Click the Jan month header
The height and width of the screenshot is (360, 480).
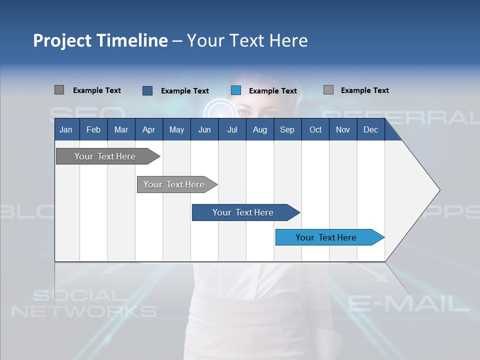pos(66,129)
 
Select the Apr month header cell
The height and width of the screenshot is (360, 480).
pos(148,129)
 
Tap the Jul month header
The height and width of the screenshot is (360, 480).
pos(232,129)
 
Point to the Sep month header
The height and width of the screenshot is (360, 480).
pos(287,129)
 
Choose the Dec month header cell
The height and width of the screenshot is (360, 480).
pos(370,129)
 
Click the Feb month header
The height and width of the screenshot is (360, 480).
pos(93,129)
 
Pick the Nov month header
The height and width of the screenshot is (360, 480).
pos(342,129)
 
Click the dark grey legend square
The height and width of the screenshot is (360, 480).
pos(59,90)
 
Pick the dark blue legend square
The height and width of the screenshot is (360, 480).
pos(147,90)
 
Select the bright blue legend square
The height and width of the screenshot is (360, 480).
pos(236,90)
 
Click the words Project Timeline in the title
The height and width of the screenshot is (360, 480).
pos(100,40)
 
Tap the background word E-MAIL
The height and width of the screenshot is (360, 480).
pos(408,303)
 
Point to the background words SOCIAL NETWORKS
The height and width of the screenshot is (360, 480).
pos(83,303)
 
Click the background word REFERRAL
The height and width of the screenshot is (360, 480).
pos(400,116)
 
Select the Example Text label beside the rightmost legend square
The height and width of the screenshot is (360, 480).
pos(364,90)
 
